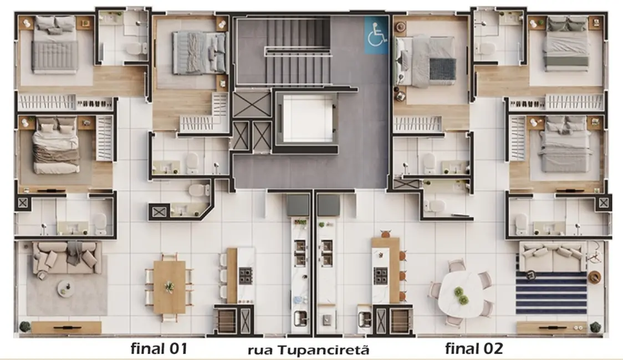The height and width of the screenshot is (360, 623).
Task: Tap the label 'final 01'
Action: pos(159,348)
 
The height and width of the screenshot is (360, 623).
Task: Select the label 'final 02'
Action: pos(474,348)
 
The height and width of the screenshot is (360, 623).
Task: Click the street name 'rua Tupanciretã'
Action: pos(308,350)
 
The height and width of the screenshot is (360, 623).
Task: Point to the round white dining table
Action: pos(460,294)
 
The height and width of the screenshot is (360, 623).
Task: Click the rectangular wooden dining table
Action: pos(169,287)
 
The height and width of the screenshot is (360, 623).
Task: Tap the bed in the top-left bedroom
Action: pos(54,46)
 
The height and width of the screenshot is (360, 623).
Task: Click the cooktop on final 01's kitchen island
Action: pos(245,275)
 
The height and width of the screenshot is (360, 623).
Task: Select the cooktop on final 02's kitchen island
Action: pos(380,275)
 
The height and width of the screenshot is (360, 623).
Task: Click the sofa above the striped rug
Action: pos(551,254)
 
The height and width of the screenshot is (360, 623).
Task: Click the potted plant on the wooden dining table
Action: pos(170,286)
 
